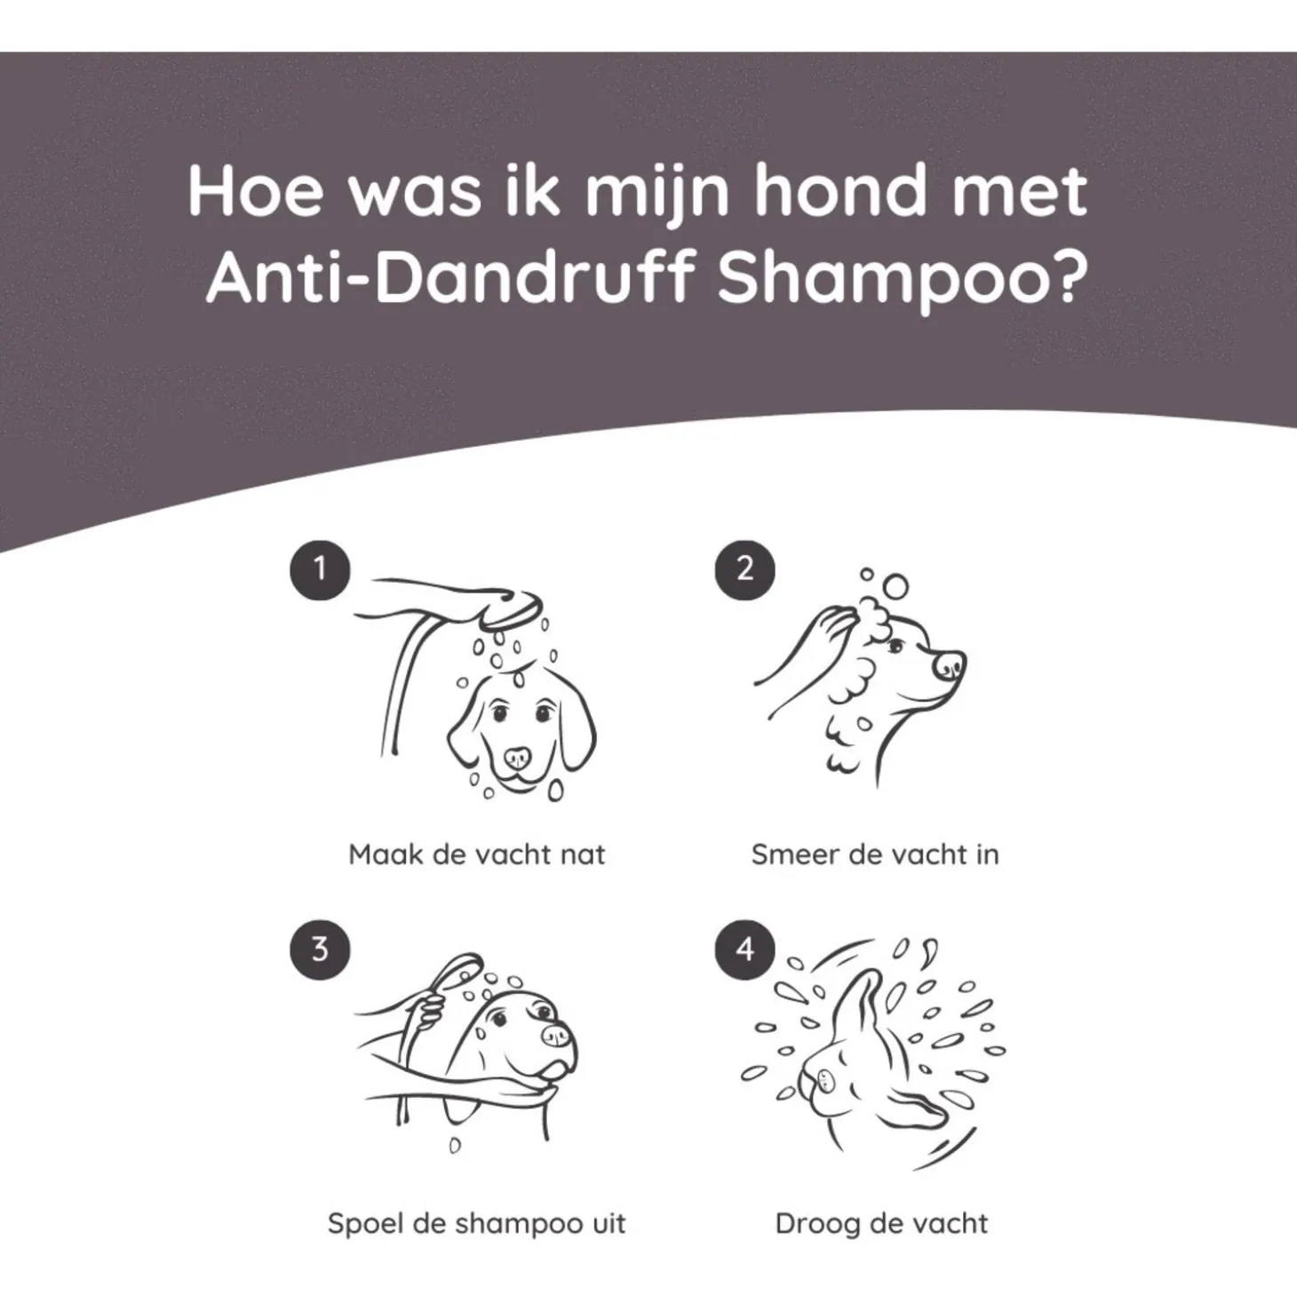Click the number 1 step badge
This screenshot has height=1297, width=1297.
pos(320,569)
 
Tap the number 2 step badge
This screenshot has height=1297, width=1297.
pos(744,569)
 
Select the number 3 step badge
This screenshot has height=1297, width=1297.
pos(320,950)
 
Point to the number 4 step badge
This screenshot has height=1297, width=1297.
pos(744,950)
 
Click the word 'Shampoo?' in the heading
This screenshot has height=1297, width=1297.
pos(902,279)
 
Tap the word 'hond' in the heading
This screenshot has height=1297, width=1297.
pos(839,190)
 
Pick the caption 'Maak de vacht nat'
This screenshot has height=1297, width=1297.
pos(476,854)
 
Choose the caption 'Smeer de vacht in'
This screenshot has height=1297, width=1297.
pos(875,854)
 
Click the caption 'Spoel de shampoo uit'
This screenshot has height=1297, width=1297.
pos(476,1223)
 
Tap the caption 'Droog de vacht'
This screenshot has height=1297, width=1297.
pos(882,1223)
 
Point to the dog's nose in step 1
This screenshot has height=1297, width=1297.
pos(517,760)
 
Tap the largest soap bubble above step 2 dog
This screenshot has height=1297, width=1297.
pos(895,587)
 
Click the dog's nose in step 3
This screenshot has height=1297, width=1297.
pos(558,1036)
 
